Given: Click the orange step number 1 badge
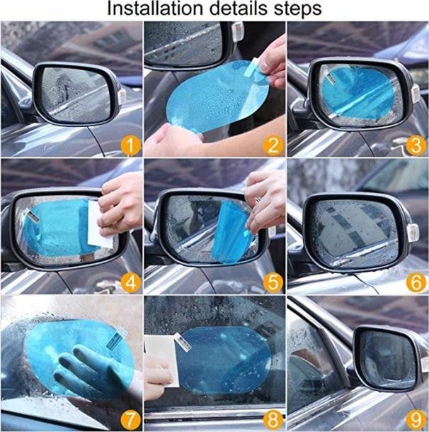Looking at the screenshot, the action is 130,145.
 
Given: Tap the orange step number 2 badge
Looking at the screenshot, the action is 273,145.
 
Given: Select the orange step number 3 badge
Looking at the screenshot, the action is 416,145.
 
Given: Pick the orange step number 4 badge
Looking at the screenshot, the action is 130,282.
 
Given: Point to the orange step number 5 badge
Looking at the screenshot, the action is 273,282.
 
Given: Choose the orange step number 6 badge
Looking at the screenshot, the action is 416,282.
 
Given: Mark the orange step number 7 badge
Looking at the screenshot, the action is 130,420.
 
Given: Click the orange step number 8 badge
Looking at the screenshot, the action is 273,420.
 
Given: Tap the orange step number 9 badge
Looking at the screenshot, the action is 416,420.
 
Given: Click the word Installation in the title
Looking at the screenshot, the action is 155,9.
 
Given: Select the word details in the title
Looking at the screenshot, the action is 238,9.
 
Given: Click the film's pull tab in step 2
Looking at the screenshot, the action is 252,67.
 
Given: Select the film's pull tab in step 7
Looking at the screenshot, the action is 115,339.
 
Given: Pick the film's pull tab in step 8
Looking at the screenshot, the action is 183,343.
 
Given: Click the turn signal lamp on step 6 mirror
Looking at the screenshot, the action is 413,233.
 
